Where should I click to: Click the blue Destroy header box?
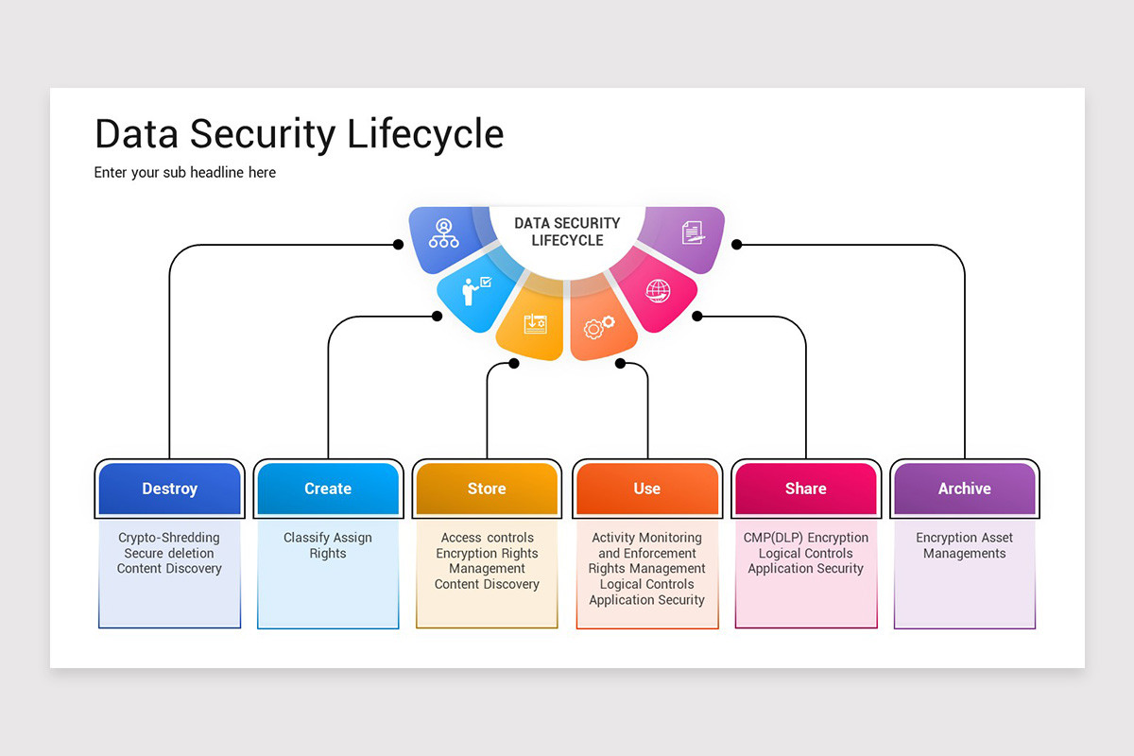[169, 489]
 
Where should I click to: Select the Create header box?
[328, 489]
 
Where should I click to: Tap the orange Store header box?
[487, 489]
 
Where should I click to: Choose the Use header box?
[646, 489]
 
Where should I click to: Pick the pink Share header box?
[805, 489]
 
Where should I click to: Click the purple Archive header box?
[964, 489]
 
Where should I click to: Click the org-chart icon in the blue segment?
[443, 233]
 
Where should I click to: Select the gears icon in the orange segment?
[599, 327]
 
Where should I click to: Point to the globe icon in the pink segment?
[658, 291]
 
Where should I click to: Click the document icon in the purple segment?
[693, 232]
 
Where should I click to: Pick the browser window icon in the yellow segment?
[535, 323]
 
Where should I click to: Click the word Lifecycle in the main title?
[425, 134]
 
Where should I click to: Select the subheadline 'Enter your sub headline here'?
[185, 172]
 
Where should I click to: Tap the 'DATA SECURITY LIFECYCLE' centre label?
[567, 232]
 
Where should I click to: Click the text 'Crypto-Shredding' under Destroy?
[169, 538]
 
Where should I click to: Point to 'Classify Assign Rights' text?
[328, 545]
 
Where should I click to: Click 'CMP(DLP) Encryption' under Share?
[805, 538]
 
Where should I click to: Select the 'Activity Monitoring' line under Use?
[646, 538]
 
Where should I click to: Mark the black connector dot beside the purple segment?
[736, 245]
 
